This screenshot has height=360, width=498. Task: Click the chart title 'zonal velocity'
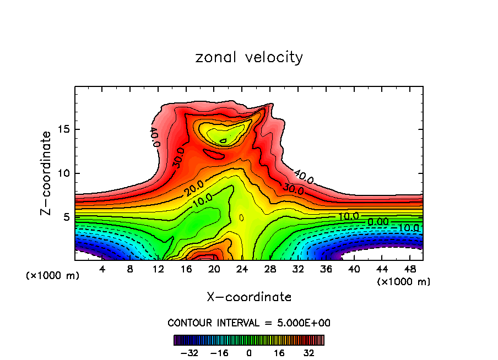[249, 57]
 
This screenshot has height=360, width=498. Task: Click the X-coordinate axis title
[249, 297]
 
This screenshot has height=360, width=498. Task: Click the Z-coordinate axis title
[47, 173]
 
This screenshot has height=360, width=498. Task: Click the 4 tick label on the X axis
[102, 269]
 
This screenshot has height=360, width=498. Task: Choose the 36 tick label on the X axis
[326, 269]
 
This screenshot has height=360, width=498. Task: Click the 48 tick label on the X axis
[409, 269]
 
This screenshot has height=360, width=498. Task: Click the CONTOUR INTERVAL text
[249, 323]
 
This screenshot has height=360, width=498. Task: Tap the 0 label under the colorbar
[249, 352]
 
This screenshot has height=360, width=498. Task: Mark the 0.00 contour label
[378, 221]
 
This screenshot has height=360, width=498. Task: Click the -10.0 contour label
[408, 227]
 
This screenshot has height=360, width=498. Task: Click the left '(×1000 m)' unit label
[52, 276]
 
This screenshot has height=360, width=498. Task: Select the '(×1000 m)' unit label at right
[404, 282]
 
